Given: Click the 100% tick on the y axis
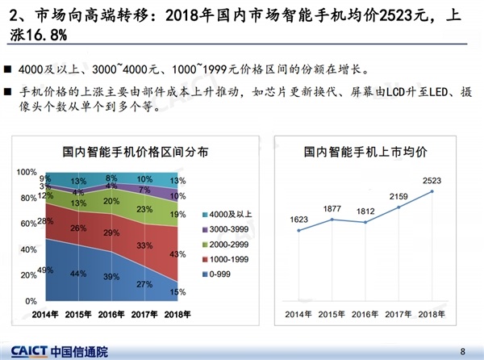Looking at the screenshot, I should [27, 172].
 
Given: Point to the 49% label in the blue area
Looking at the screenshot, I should [45, 270].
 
